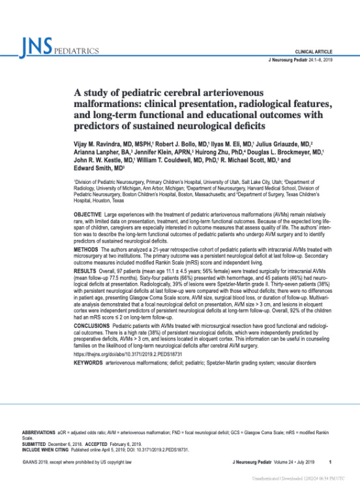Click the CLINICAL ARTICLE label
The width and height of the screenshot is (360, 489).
coord(314,50)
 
